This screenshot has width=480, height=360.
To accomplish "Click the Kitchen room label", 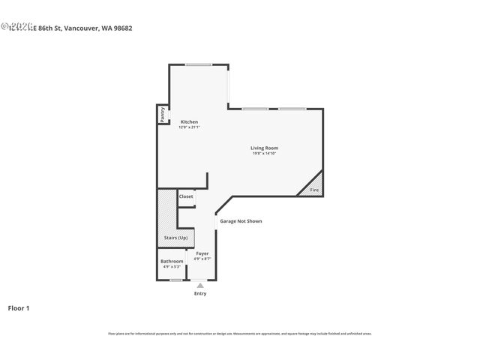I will tap(189, 121).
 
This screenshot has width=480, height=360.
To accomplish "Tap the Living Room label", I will tap(264, 148).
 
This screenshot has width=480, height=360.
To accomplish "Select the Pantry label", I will tap(162, 114).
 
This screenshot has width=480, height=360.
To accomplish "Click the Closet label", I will tap(186, 196).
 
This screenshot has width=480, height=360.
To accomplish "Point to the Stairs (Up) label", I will tap(175, 238).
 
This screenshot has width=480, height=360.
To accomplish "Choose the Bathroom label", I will tap(172, 261).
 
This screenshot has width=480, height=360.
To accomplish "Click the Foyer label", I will tap(202, 253).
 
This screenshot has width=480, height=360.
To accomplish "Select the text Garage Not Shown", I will tap(241, 221).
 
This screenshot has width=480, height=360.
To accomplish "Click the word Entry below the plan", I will tap(200, 293).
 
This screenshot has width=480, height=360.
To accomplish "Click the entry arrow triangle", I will tap(200, 285).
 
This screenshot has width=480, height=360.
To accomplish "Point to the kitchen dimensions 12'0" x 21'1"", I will tap(189, 127).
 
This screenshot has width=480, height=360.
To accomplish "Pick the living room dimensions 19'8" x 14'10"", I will tap(264, 154).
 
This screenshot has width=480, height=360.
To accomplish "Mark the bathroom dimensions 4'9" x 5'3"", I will tap(172, 266).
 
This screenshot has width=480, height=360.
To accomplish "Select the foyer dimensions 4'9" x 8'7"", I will tap(202, 259).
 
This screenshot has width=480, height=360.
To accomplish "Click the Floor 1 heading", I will tap(19, 307).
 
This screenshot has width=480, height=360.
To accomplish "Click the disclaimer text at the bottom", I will tap(239, 333).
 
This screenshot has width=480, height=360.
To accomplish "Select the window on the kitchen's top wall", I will tap(199, 64).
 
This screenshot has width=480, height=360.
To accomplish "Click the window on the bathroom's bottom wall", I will tap(175, 280).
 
